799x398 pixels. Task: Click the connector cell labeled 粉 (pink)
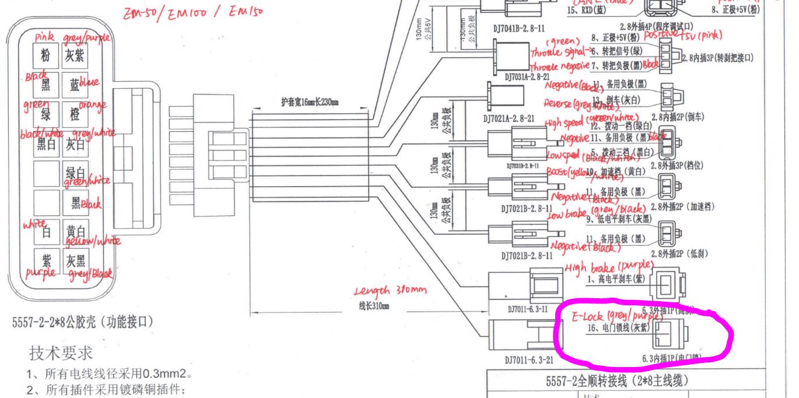(45, 57)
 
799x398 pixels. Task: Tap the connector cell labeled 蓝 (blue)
(75, 86)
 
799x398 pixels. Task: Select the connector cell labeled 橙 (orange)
(75, 115)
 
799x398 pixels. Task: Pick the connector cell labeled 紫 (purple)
(45, 260)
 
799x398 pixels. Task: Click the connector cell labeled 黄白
(75, 232)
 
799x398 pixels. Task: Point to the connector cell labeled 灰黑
(75, 260)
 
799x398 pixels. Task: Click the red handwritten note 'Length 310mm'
(390, 291)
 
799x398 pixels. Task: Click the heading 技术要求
(61, 352)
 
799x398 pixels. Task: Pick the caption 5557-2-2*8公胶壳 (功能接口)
(82, 322)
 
